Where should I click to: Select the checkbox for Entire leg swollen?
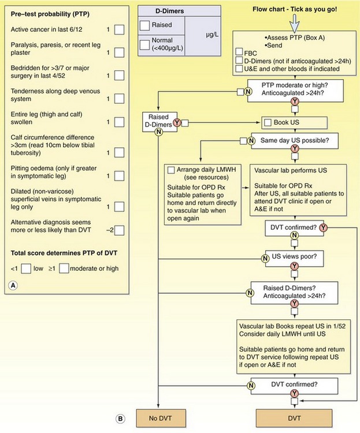(119, 122)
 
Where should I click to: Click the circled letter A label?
(13, 285)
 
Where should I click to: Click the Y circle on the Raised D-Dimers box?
(177, 122)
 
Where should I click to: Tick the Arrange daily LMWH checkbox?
(170, 170)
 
